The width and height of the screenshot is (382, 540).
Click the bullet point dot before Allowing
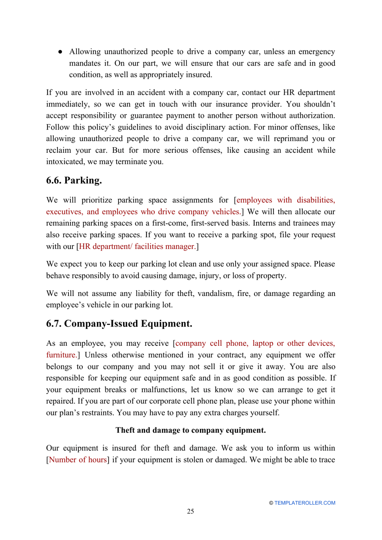[60, 51]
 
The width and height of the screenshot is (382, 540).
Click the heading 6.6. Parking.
[74, 180]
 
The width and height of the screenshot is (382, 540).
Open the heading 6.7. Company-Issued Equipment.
[119, 324]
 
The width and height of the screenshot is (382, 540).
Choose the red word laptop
[263, 343]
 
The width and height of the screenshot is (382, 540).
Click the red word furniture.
[61, 355]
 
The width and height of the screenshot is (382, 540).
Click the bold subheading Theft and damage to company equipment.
[191, 430]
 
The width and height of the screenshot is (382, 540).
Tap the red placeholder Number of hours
[78, 460]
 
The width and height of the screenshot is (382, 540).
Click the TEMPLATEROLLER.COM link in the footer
[304, 503]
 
